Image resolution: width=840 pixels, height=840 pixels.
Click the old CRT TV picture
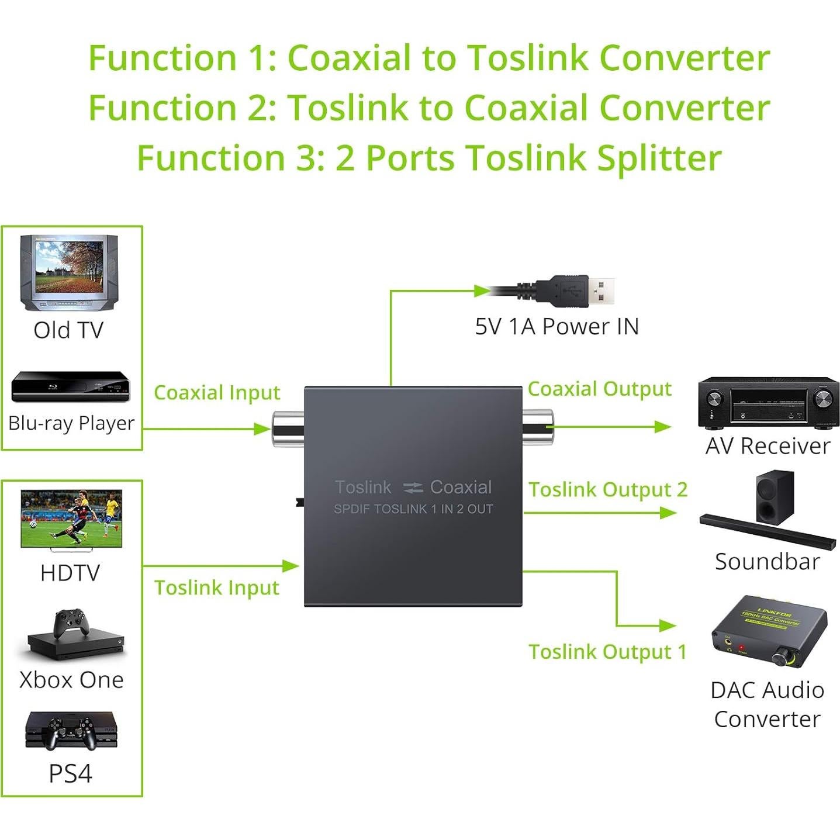click(69, 272)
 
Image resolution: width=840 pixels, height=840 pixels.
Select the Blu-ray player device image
click(70, 386)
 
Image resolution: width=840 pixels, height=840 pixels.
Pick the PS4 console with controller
click(71, 731)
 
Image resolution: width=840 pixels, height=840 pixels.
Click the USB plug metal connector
click(600, 291)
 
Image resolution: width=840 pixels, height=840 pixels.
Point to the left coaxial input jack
click(287, 429)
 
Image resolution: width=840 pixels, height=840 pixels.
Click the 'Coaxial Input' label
click(217, 393)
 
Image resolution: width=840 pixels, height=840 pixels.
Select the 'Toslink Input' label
click(216, 587)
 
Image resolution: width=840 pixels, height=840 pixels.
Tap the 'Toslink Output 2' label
click(608, 490)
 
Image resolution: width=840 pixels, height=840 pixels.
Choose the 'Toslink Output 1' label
click(607, 652)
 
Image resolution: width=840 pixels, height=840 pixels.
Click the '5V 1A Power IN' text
click(556, 326)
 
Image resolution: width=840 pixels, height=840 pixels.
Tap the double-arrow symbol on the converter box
click(413, 488)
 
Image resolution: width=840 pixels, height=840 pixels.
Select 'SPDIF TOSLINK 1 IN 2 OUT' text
click(413, 509)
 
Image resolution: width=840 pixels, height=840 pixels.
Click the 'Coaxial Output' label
click(599, 389)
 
